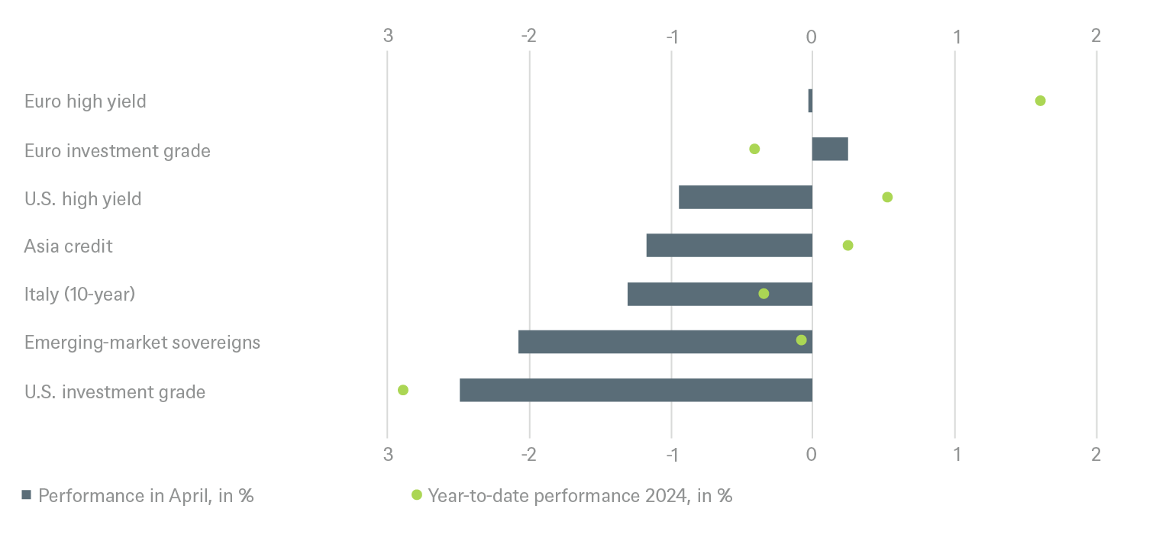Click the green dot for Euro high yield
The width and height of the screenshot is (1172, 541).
1040,101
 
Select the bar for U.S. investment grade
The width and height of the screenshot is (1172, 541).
635,390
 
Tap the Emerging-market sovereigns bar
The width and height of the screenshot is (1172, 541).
664,342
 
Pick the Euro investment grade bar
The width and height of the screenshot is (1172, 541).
830,150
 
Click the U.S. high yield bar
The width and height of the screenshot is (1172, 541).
744,197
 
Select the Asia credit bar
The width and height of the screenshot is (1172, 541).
728,246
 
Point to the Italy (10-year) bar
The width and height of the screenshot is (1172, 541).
719,294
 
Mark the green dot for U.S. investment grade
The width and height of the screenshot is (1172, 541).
403,390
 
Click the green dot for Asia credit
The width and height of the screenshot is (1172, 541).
848,245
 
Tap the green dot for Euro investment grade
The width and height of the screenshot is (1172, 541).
754,149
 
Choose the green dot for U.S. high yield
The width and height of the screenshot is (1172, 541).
887,197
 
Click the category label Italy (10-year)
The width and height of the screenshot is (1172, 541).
79,294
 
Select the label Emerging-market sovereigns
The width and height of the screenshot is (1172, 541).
142,342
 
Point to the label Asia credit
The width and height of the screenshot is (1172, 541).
68,246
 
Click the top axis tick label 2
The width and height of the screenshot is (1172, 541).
1096,36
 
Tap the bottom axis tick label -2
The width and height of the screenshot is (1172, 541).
528,455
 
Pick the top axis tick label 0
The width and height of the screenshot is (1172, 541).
812,36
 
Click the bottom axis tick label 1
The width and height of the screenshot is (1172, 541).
955,455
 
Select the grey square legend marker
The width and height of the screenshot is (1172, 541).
27,495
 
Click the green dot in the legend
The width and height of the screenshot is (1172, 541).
416,495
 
